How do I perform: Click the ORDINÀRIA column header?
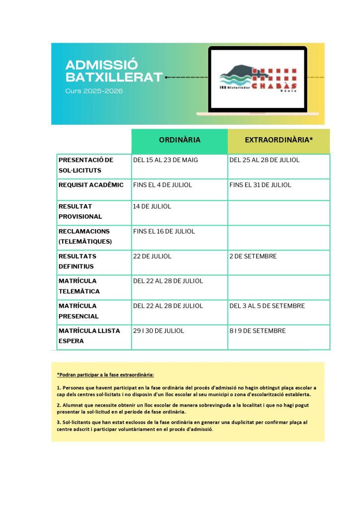pos(180,140)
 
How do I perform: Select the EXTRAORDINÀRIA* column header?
pos(278,140)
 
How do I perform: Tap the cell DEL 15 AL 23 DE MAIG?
pos(165,160)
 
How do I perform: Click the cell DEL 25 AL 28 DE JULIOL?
pos(265,160)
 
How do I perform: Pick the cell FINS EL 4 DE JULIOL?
pos(162,185)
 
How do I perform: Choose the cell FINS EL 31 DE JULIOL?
pos(261,185)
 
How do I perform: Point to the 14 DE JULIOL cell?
pos(152,206)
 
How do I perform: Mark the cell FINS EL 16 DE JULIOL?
pos(164,231)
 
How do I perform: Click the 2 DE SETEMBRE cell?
pos(253,256)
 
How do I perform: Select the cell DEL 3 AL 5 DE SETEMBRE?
pos(267,306)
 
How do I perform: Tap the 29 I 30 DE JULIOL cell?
pos(158,331)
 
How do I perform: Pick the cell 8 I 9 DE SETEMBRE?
pos(257,331)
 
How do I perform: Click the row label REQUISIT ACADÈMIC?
pos(91,185)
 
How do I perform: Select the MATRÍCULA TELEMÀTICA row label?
pos(79,286)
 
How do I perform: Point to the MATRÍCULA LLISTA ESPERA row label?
pos(89,336)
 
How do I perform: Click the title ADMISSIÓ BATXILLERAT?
pos(114,71)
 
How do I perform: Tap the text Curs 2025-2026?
pos(93,91)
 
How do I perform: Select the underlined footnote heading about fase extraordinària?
pos(105,374)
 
